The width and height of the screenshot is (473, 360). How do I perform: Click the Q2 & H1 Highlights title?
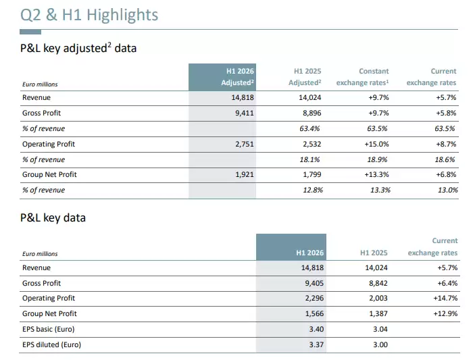pos(89,15)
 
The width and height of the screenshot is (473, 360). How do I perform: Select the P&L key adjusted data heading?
pos(78,48)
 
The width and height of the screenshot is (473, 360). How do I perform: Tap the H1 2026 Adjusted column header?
pos(237,77)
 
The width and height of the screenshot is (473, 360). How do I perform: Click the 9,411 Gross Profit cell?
pos(245,113)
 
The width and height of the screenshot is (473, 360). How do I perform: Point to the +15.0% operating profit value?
pos(376,144)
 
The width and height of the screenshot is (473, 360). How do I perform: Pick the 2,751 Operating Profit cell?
pos(245,144)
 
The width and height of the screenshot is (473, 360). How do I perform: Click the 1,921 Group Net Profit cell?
pos(245,174)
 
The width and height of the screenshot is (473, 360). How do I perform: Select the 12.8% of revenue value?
pos(313,190)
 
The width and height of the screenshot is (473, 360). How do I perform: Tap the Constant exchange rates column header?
pos(363,77)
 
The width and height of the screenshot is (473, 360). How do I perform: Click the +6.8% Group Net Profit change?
pos(446,174)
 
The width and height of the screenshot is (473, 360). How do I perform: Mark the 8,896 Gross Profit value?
pos(312,113)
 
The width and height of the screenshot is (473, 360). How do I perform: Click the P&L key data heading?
pos(53,217)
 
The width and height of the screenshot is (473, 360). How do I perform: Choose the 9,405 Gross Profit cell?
pos(314,283)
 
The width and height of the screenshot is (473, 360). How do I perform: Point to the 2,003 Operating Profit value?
pos(378,298)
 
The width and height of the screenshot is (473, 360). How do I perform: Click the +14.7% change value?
pos(445,298)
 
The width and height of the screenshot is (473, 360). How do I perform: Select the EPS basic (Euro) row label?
pos(48,329)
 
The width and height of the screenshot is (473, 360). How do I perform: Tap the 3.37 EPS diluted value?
pos(316,344)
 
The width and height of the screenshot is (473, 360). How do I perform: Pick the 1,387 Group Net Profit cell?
pos(378,313)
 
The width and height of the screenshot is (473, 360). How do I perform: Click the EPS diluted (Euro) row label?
pos(51,344)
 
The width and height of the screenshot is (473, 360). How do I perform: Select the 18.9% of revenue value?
pos(377,159)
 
